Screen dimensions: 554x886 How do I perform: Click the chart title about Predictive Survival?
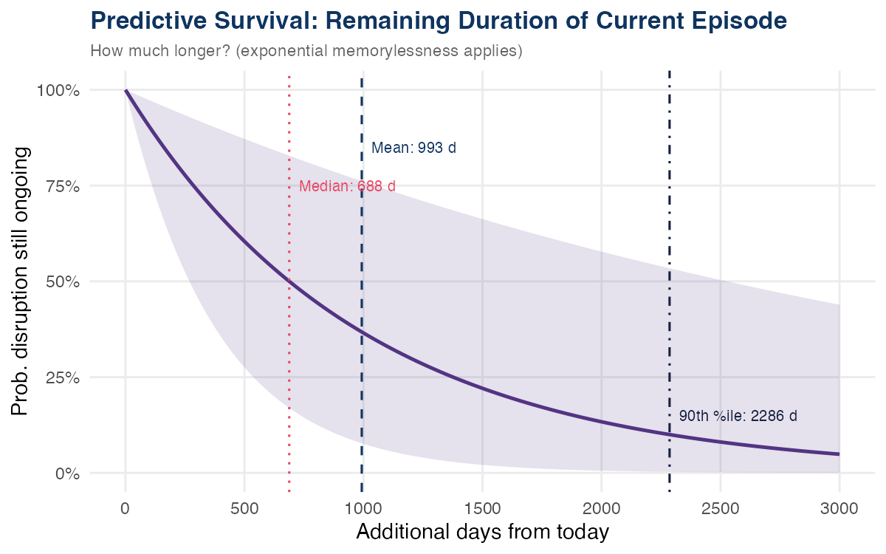coord(439,21)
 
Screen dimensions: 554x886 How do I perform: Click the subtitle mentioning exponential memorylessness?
coord(306,52)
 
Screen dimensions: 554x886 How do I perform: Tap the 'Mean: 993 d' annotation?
coord(413,148)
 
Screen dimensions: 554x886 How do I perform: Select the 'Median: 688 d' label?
coord(347,186)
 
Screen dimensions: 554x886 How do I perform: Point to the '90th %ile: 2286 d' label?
coord(738,416)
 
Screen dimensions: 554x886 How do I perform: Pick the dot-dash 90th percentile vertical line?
coord(669,222)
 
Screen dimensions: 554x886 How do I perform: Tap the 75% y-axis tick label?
coord(57,186)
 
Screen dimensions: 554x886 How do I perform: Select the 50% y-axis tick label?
coord(57,281)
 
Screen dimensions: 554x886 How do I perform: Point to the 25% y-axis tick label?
coord(57,377)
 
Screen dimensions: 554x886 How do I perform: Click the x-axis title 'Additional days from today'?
coord(482,532)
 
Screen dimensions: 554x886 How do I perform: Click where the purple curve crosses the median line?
coord(289,281)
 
